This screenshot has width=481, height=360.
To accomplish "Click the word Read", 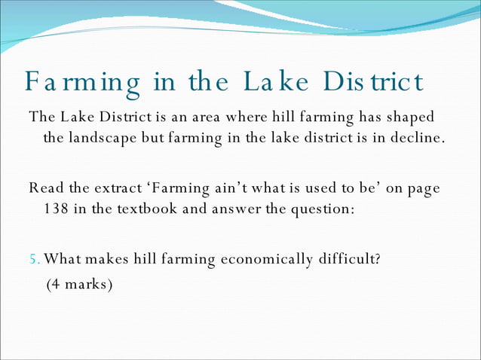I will pyautogui.click(x=44, y=188).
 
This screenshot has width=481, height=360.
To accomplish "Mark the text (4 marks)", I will pyautogui.click(x=79, y=285).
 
